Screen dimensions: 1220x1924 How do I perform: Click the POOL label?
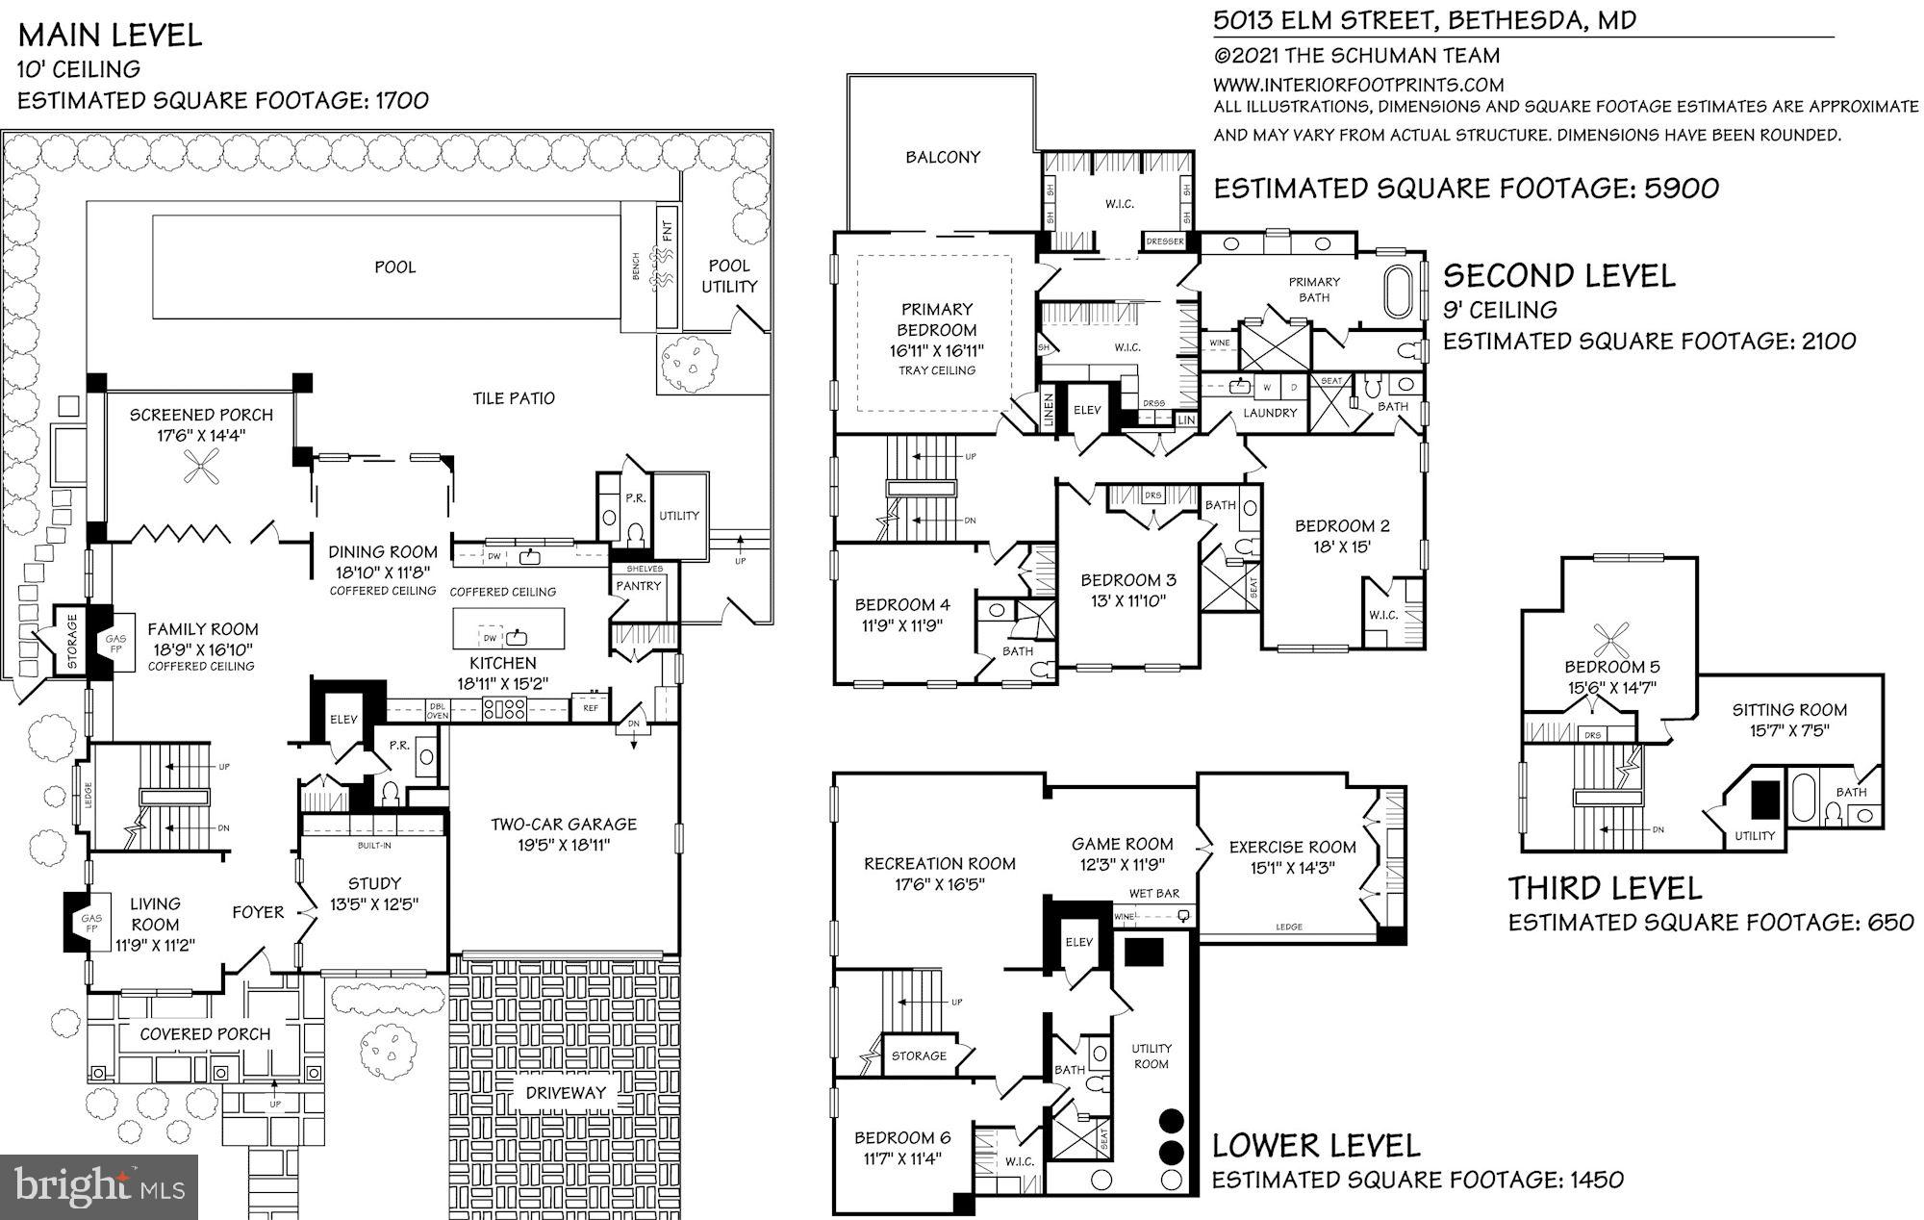coord(394,267)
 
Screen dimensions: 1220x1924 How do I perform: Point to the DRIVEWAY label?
coord(566,1092)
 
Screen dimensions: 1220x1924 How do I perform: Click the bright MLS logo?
coord(99,1185)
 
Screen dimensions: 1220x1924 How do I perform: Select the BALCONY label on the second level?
coord(942,157)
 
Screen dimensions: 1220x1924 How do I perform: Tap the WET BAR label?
coord(1153,894)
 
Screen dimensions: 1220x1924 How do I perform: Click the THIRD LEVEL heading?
coord(1605,887)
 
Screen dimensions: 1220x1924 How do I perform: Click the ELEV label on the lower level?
coord(1078,942)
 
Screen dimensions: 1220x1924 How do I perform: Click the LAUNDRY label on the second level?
coord(1270,413)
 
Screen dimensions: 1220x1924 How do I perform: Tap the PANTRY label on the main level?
coord(638,586)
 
